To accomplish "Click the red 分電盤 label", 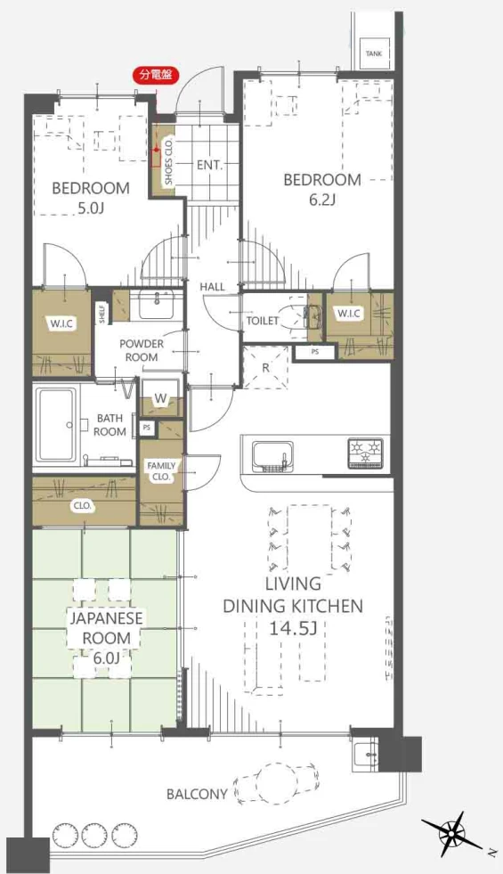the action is [x=156, y=75].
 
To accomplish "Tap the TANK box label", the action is [x=374, y=53].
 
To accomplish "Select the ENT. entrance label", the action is [x=209, y=165].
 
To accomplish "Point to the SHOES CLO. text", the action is [x=169, y=161].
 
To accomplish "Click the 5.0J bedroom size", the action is [x=91, y=208].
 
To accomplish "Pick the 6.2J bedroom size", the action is [x=321, y=199].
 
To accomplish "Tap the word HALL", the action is [x=213, y=287].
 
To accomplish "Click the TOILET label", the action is [x=263, y=321].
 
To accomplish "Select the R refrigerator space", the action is [x=265, y=367].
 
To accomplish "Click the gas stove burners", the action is [x=366, y=453].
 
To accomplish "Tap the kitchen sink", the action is [x=273, y=456].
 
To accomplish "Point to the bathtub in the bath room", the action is [x=56, y=425].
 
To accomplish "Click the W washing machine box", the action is [x=160, y=397].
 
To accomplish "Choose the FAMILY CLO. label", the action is [x=161, y=471].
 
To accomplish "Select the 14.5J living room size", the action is [x=293, y=629].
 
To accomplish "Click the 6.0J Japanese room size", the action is [x=106, y=658].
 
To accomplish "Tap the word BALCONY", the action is [x=197, y=794].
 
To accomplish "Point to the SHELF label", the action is [x=102, y=314].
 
